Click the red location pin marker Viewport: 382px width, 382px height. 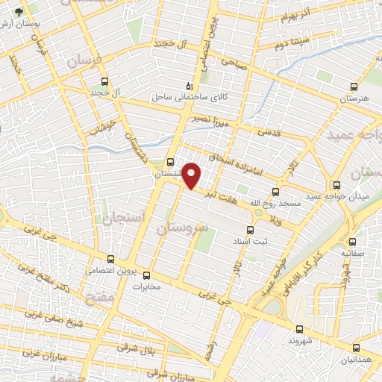pyautogui.click(x=192, y=175)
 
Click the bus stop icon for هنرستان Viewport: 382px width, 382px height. pyautogui.click(x=354, y=85)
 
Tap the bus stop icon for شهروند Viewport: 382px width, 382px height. pyautogui.click(x=299, y=329)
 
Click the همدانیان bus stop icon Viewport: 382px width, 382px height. pyautogui.click(x=356, y=347)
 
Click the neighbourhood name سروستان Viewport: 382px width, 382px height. pyautogui.click(x=180, y=224)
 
